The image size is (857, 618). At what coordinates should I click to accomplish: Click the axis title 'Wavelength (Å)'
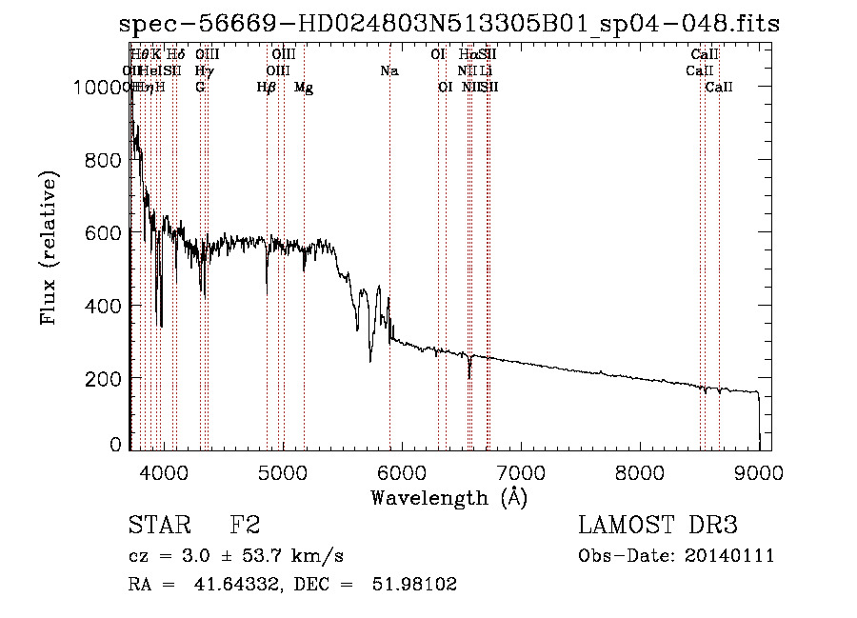(448, 497)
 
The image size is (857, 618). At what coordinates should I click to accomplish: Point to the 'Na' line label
(389, 70)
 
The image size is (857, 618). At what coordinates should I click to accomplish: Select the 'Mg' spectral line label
(304, 88)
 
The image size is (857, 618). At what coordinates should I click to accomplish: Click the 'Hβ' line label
(267, 88)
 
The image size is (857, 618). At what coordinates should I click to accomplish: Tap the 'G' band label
(200, 88)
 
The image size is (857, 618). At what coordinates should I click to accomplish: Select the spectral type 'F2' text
(245, 526)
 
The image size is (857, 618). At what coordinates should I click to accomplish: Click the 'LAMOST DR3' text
(658, 526)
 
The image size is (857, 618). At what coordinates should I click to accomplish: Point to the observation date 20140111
(731, 555)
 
